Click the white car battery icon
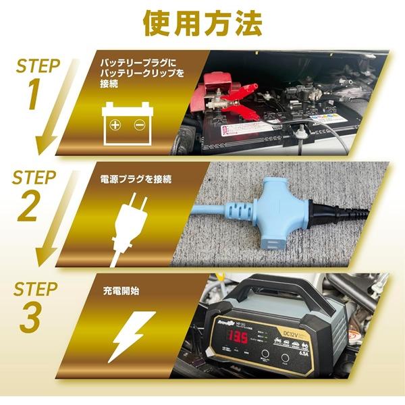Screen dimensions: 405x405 coord(128,121)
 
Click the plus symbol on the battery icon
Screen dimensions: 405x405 coord(115,125)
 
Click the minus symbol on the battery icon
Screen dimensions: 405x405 coord(139,125)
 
